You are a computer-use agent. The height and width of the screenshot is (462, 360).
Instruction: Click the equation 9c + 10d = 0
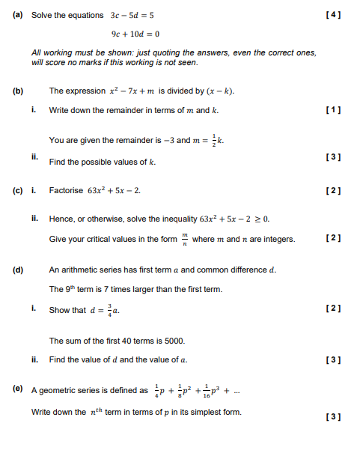pos(135,34)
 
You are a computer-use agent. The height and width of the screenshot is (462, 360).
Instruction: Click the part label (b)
pos(18,91)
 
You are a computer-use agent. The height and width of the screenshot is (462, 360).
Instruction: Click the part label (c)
pos(18,190)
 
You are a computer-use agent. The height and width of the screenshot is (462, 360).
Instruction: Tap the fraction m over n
pos(184,239)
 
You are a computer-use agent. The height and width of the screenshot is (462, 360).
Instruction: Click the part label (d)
pos(18,270)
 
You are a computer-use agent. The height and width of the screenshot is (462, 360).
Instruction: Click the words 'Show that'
pos(67,310)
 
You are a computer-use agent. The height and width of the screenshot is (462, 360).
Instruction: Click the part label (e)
pos(18,390)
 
